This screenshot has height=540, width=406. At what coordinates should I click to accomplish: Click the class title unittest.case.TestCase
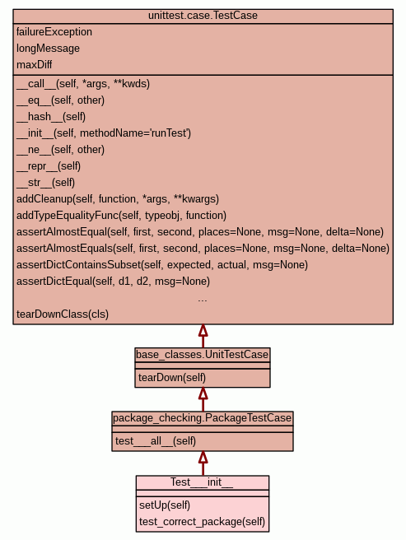click(203, 16)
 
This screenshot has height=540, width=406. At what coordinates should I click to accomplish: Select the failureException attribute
click(54, 32)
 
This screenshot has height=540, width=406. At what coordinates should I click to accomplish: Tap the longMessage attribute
click(48, 49)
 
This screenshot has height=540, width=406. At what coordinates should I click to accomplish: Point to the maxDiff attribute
click(34, 65)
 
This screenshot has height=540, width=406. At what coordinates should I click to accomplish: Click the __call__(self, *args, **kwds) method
click(83, 84)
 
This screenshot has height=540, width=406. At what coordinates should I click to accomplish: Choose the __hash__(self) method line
click(51, 117)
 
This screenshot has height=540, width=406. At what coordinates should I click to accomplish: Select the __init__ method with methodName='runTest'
click(104, 133)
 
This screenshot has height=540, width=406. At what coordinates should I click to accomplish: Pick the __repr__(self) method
click(49, 166)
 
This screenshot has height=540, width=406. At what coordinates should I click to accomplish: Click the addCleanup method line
click(118, 199)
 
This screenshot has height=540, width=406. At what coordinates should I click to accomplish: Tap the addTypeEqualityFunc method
click(121, 216)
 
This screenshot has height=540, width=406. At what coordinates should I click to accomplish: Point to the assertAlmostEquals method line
click(203, 249)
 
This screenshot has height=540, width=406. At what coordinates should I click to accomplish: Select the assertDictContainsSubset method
click(162, 265)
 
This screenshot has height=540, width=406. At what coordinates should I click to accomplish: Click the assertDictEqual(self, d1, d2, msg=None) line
click(113, 282)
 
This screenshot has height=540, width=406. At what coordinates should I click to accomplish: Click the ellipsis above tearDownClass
click(203, 300)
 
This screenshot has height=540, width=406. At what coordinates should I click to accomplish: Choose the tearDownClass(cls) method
click(63, 314)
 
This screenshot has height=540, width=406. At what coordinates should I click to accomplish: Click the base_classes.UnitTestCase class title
click(203, 354)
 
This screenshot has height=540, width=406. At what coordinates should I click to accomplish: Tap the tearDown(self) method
click(172, 378)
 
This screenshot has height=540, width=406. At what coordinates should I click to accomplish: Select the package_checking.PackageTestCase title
click(203, 418)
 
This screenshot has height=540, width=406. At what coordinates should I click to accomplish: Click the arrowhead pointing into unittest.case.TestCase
click(203, 330)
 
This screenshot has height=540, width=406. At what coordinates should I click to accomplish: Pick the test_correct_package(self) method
click(202, 522)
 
